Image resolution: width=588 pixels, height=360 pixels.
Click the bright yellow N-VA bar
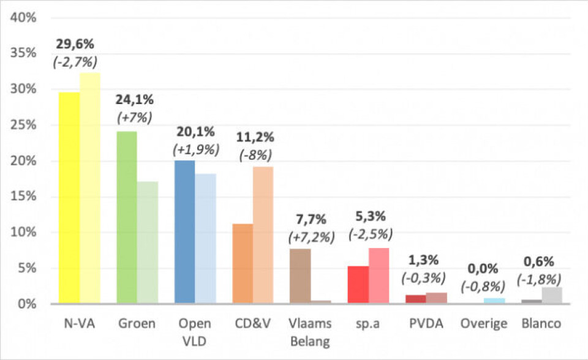69,197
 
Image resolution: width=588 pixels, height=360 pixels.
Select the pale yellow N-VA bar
90,188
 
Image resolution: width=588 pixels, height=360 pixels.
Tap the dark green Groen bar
127,217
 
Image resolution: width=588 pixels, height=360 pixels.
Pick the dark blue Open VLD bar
184,232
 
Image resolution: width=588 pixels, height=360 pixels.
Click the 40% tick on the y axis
24,17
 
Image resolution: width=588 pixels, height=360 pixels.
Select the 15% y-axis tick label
24,197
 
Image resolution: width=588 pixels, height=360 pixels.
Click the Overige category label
484,323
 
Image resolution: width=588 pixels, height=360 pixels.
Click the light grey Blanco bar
552,295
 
